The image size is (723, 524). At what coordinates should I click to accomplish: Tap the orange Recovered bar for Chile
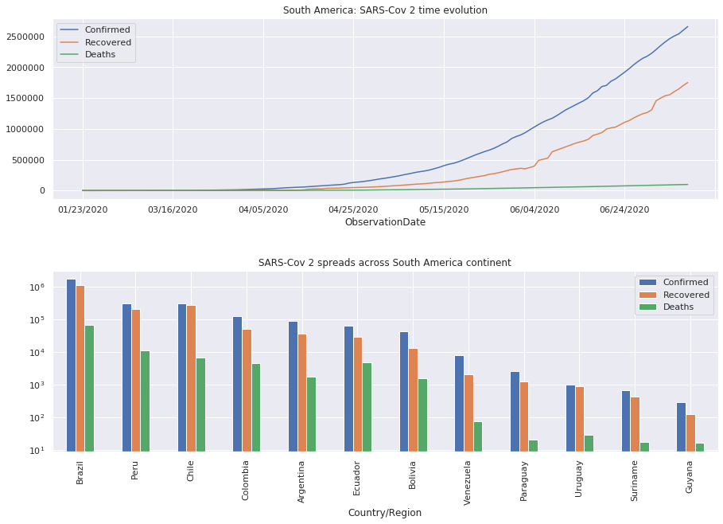point(191,377)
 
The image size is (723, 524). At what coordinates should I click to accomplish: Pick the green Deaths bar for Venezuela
point(477,436)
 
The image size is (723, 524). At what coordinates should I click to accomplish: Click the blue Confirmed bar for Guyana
point(681,426)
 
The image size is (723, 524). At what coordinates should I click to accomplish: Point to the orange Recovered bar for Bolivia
point(413,399)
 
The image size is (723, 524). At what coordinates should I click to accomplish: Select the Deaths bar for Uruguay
point(589,443)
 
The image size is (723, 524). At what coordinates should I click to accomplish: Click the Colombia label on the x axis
point(246,480)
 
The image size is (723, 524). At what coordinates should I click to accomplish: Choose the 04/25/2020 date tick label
point(353,209)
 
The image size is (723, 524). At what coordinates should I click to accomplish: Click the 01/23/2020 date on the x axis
point(83,209)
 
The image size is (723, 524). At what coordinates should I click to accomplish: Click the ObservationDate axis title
point(385,222)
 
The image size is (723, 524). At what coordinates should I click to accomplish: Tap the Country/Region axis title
point(385,513)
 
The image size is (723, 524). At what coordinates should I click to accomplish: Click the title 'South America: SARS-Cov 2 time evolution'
point(385,10)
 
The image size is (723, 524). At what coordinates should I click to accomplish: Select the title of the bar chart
point(385,262)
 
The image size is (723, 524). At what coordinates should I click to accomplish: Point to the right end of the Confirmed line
point(688,26)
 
